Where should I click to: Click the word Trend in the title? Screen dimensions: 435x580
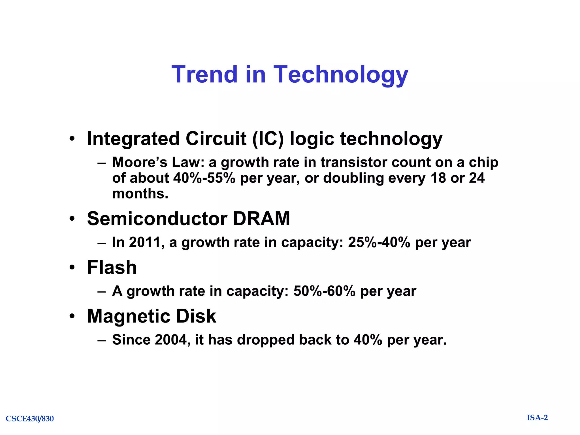click(204, 74)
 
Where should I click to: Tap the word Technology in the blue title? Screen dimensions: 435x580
click(340, 75)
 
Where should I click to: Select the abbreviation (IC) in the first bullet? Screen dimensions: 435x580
click(268, 139)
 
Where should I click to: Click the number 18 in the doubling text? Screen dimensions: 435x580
click(438, 178)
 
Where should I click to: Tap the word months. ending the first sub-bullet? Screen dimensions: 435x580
click(140, 194)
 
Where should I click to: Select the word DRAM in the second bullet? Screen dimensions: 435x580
click(261, 219)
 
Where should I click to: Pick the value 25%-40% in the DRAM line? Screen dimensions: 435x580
click(379, 242)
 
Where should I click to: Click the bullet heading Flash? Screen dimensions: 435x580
click(112, 267)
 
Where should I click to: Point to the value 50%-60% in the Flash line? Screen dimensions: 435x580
click(324, 291)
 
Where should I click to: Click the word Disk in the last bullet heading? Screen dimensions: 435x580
click(196, 316)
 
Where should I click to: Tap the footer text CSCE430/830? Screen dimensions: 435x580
click(30, 419)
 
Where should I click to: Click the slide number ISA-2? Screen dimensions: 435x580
click(537, 418)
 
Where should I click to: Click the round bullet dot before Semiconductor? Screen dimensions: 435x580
click(72, 219)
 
